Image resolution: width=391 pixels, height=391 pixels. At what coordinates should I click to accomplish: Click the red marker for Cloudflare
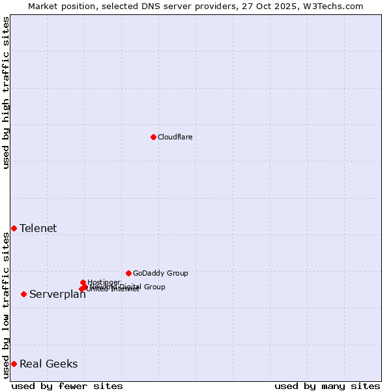tap(153, 137)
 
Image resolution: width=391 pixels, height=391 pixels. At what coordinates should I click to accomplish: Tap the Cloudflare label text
tap(175, 137)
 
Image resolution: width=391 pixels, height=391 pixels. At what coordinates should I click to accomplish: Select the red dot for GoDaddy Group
tap(128, 273)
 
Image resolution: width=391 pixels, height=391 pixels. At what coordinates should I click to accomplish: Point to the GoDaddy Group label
tap(160, 273)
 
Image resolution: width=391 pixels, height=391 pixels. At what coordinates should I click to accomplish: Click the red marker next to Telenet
tap(14, 228)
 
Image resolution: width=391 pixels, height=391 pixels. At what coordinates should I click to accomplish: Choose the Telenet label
tap(38, 228)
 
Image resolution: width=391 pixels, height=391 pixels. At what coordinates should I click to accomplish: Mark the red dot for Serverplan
tap(23, 294)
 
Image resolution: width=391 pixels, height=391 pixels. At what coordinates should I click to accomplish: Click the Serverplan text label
tap(57, 295)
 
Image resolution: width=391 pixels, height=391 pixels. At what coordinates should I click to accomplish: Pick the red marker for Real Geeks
tap(14, 364)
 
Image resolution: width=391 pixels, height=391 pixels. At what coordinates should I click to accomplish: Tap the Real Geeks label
tap(48, 364)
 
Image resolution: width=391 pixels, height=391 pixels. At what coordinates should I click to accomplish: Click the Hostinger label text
tap(104, 282)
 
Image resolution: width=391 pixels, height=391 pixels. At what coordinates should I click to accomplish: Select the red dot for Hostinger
tap(83, 282)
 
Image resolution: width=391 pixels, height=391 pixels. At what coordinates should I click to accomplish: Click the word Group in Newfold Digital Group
tap(154, 287)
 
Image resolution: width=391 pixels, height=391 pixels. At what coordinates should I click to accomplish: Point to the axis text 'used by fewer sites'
tap(67, 386)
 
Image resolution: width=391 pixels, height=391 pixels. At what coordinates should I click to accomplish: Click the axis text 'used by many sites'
tap(327, 386)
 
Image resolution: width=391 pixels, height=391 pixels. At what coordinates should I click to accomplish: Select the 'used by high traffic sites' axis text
tap(6, 93)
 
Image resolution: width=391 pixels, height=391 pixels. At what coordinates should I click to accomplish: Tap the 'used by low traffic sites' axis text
tap(6, 305)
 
